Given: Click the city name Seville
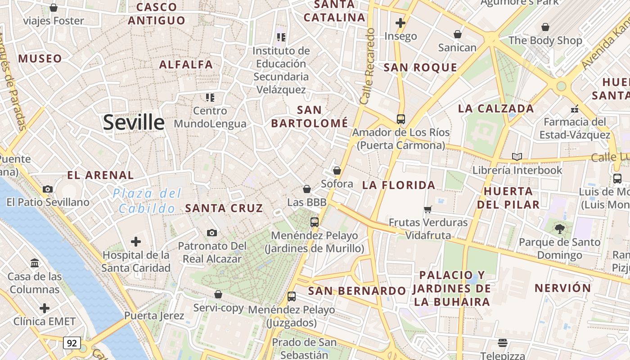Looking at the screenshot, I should (x=134, y=122).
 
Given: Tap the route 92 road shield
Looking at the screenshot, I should (x=72, y=343).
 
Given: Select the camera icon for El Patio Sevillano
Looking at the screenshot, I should (x=48, y=189).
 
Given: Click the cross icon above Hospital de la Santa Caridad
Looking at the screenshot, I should (x=136, y=242).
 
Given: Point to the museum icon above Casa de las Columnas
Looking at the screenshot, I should (x=35, y=263).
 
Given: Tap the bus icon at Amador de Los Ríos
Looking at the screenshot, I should (x=400, y=119).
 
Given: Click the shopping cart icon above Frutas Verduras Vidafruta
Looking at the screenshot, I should (x=428, y=209).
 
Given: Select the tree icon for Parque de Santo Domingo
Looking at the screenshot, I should (x=559, y=229).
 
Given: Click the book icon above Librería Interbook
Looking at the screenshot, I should (x=517, y=157).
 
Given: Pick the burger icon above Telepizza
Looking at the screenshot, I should (x=503, y=343).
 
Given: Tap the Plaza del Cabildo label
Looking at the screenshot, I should (x=147, y=201).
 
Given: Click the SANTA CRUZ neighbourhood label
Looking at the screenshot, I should (x=224, y=208).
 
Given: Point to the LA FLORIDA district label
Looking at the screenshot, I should (x=399, y=185).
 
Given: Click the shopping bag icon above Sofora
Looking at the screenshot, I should (x=337, y=171).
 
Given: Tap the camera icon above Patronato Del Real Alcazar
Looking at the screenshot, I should (x=212, y=233).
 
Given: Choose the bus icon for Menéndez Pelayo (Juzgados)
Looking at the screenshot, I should (x=292, y=297).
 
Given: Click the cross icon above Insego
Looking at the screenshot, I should (x=400, y=22).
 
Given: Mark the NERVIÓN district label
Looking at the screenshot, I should (x=562, y=288).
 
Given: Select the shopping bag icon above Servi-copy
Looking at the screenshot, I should (x=218, y=294).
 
